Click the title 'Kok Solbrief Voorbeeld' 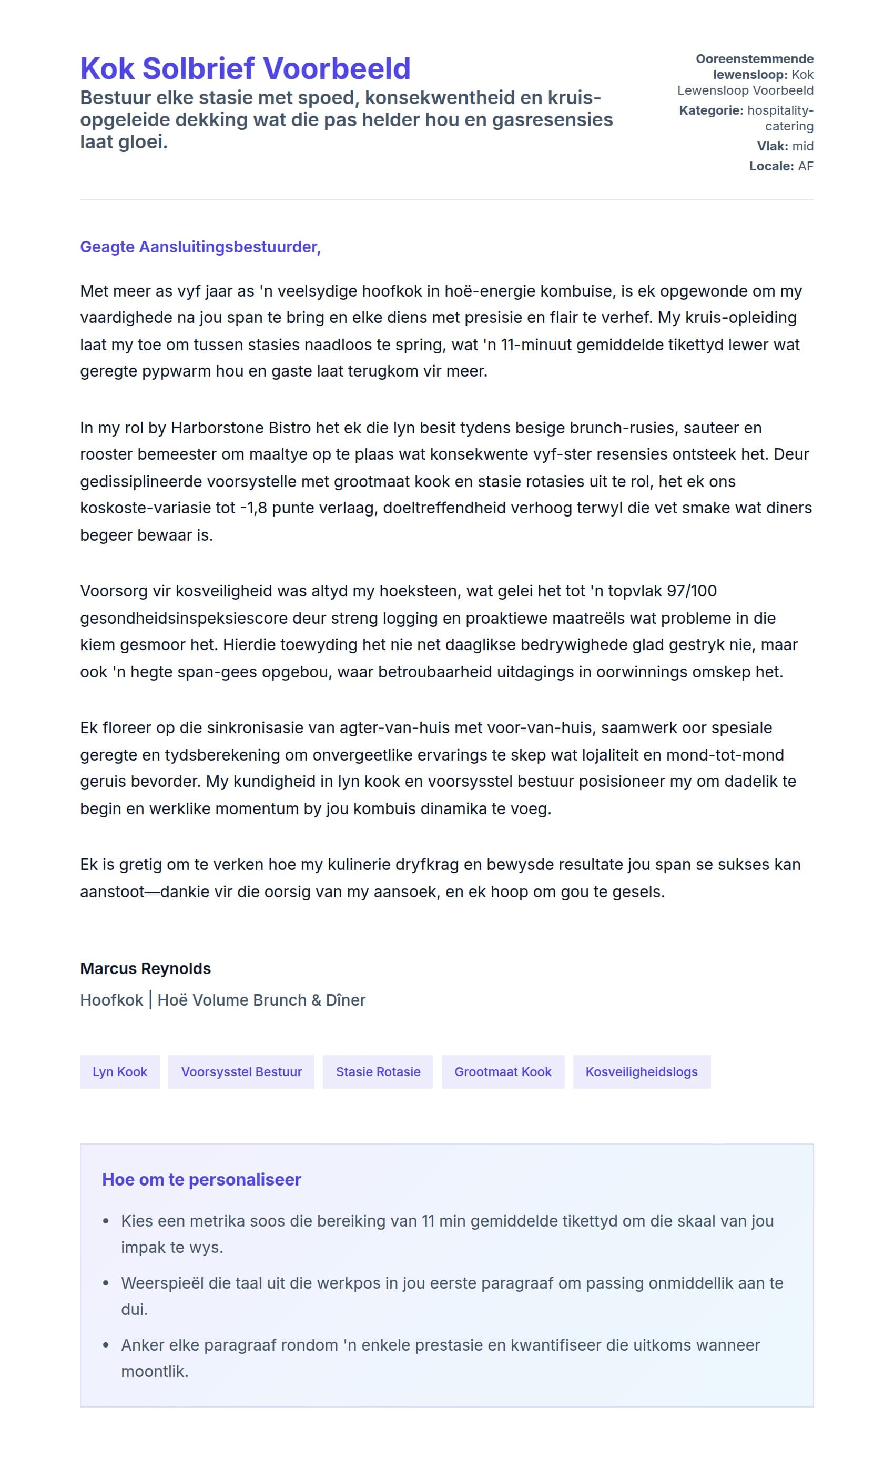(245, 68)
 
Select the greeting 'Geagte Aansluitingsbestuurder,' (200, 247)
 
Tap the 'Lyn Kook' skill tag (119, 1071)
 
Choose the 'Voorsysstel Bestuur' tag (241, 1071)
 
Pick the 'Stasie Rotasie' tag (378, 1071)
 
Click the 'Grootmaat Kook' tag (503, 1071)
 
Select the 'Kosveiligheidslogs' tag (642, 1071)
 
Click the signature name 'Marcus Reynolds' (146, 969)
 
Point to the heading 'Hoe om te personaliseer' (201, 1179)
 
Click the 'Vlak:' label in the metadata (772, 146)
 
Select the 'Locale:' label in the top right (771, 166)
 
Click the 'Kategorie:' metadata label (711, 110)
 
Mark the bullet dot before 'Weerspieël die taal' (106, 1283)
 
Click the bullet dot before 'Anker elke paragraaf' (106, 1345)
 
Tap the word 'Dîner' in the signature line (346, 1000)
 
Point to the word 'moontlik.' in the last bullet (155, 1371)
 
